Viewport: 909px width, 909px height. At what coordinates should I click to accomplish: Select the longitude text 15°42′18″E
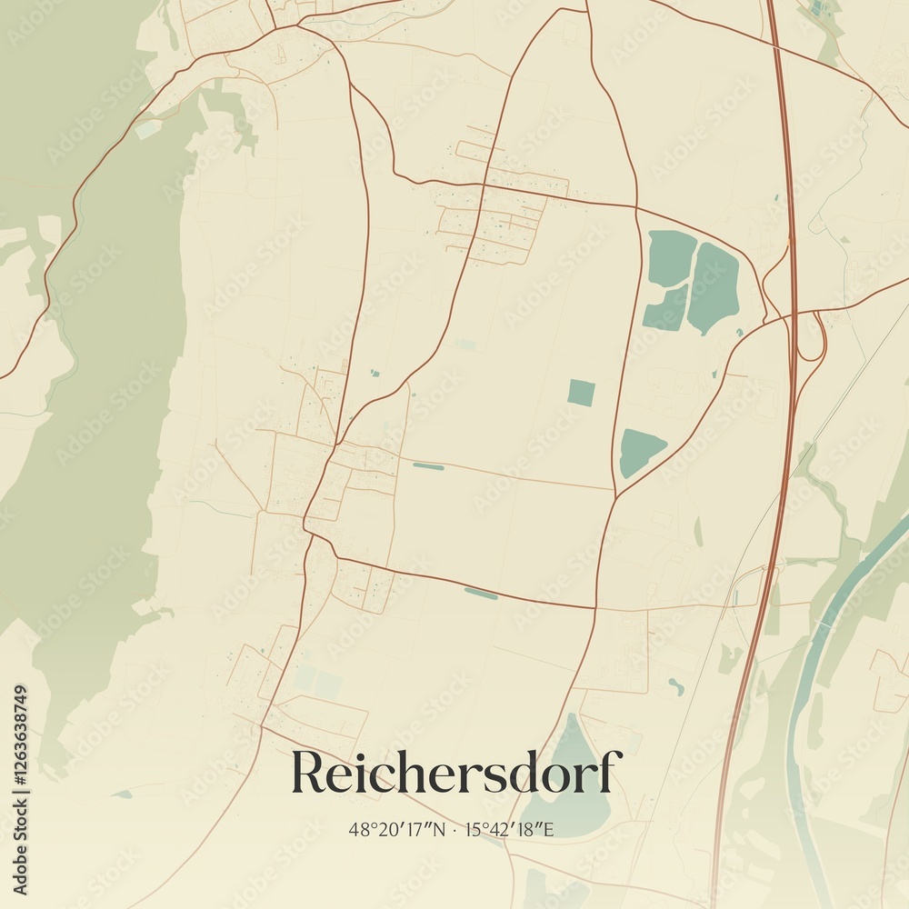click(510, 829)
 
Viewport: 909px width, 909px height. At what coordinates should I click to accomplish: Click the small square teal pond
click(581, 393)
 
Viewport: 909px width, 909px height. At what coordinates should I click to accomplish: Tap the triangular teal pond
click(639, 451)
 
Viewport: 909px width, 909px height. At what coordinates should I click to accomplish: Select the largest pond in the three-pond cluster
click(713, 286)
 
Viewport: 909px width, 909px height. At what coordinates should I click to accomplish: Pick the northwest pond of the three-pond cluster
click(671, 257)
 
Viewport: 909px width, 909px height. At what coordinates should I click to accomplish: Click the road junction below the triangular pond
click(615, 496)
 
